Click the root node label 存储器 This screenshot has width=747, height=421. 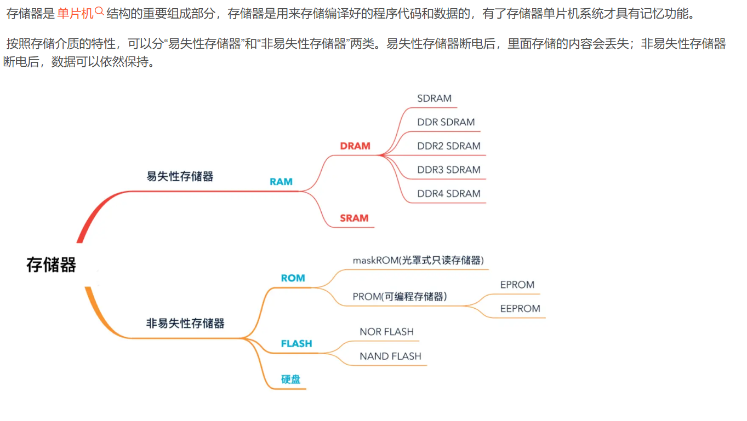(x=51, y=265)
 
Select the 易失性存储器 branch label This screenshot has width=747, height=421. (x=180, y=176)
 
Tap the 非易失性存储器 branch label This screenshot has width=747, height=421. (x=185, y=323)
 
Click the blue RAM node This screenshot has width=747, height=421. (x=281, y=182)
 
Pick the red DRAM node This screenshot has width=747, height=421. (x=355, y=146)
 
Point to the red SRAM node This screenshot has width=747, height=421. (x=354, y=218)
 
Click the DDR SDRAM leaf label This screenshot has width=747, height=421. (x=446, y=122)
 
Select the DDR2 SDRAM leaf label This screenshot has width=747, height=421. (x=449, y=146)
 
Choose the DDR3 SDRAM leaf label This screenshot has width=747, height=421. (x=449, y=170)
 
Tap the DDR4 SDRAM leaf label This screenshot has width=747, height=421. (x=449, y=194)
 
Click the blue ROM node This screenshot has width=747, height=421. (x=293, y=278)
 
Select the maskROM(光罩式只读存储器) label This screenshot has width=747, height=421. (x=418, y=260)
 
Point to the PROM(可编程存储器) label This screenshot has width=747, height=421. (x=400, y=297)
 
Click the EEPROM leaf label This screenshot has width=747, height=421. (x=520, y=309)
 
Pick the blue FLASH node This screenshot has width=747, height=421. (x=296, y=344)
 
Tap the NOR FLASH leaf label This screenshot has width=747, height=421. (x=386, y=332)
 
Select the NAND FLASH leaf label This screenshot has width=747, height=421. (x=390, y=356)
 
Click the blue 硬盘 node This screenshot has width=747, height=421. (x=291, y=379)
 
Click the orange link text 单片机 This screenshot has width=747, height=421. (x=76, y=14)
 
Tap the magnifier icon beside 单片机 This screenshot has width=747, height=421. (x=99, y=11)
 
